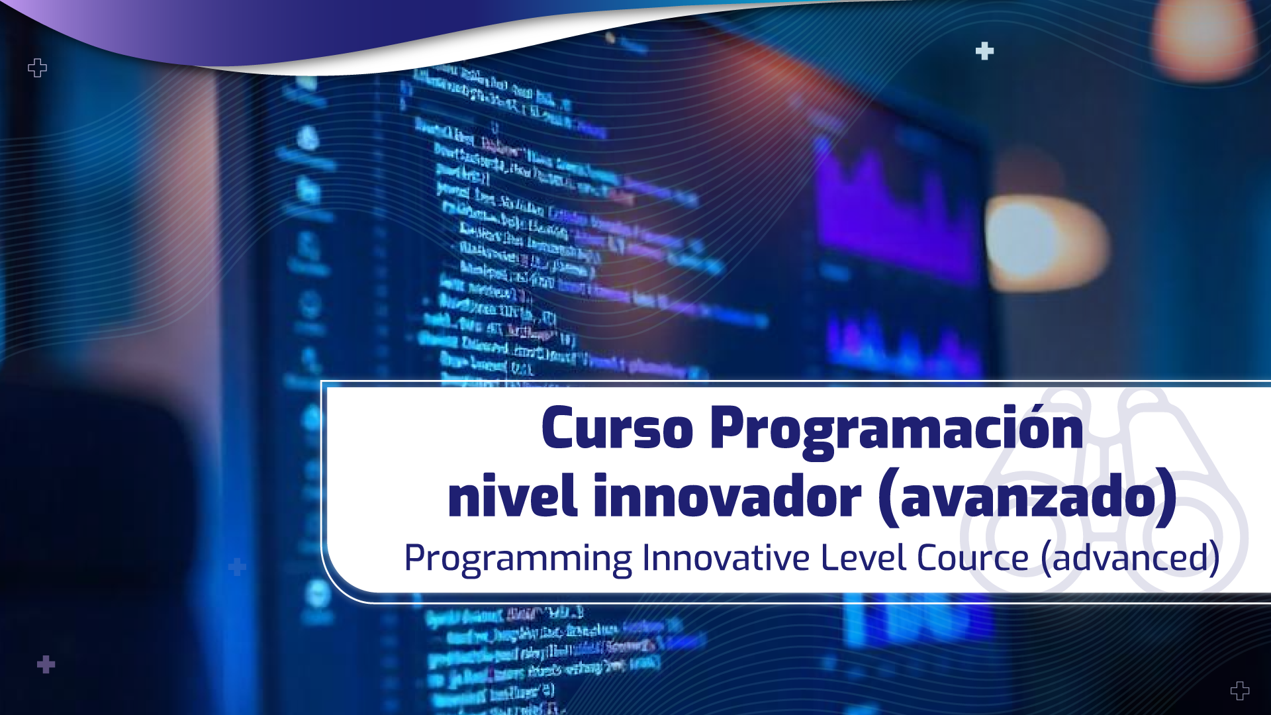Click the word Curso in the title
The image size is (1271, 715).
(617, 429)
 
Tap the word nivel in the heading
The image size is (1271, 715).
(512, 497)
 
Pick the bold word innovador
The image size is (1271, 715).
(728, 497)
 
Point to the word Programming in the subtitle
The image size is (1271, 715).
(518, 558)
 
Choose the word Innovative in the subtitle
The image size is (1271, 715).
(726, 557)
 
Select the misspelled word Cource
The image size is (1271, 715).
(972, 557)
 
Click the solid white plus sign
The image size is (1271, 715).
(984, 51)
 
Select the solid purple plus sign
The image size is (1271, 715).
(46, 664)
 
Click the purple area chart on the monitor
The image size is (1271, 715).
(894, 205)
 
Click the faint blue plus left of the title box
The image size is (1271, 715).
(237, 567)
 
